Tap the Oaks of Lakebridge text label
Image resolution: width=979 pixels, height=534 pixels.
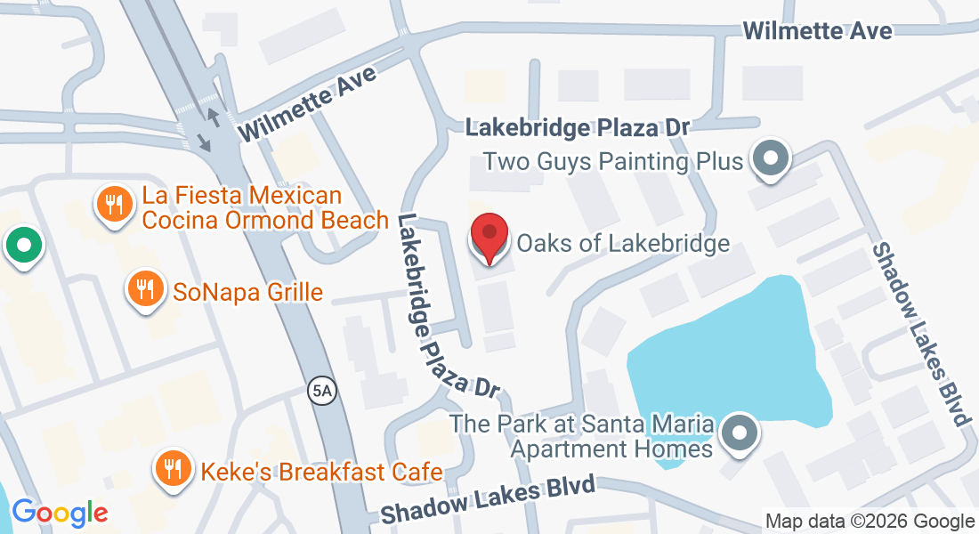point(623,243)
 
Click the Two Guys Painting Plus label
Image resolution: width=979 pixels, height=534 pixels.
point(612,162)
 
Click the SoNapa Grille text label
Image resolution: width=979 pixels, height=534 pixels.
point(247,292)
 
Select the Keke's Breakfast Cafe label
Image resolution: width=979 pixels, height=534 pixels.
point(316,471)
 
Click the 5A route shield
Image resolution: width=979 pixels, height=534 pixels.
point(322,391)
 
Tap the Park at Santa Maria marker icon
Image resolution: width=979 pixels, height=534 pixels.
point(739,434)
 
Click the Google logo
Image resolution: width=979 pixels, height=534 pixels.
point(59,513)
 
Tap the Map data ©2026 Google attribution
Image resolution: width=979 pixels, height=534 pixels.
point(870,522)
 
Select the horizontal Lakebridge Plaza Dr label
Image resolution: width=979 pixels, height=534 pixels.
point(578,128)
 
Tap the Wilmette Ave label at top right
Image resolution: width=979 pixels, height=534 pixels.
point(817,31)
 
